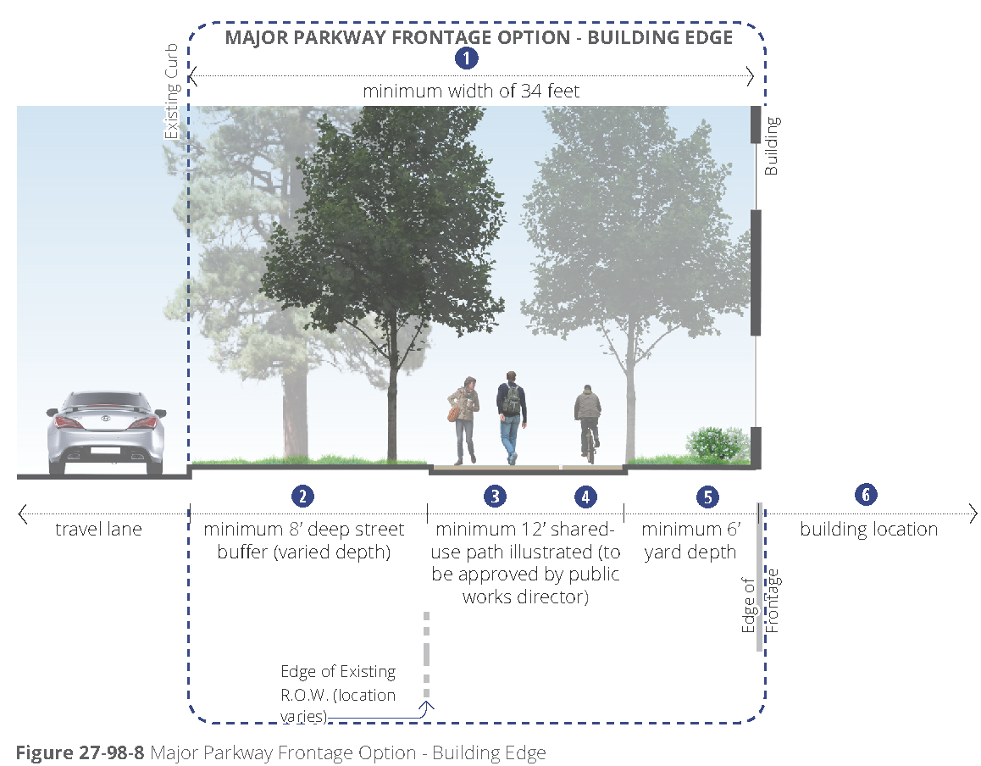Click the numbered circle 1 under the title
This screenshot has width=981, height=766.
coord(467,58)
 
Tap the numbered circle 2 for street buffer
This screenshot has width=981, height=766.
coord(302,496)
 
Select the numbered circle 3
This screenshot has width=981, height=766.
coord(496,497)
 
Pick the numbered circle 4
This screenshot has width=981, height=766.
coord(584,497)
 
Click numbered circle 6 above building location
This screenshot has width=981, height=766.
coord(865,495)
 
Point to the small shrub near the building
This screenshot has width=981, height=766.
coord(716,443)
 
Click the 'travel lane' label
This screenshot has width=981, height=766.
coord(99,530)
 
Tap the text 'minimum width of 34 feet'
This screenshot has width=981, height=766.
coord(471,91)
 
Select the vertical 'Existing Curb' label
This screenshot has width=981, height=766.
coord(172,91)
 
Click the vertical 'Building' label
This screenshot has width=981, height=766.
coord(771,146)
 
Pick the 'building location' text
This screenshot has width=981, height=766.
coord(868,530)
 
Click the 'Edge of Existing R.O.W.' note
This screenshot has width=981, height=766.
coord(338,694)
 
